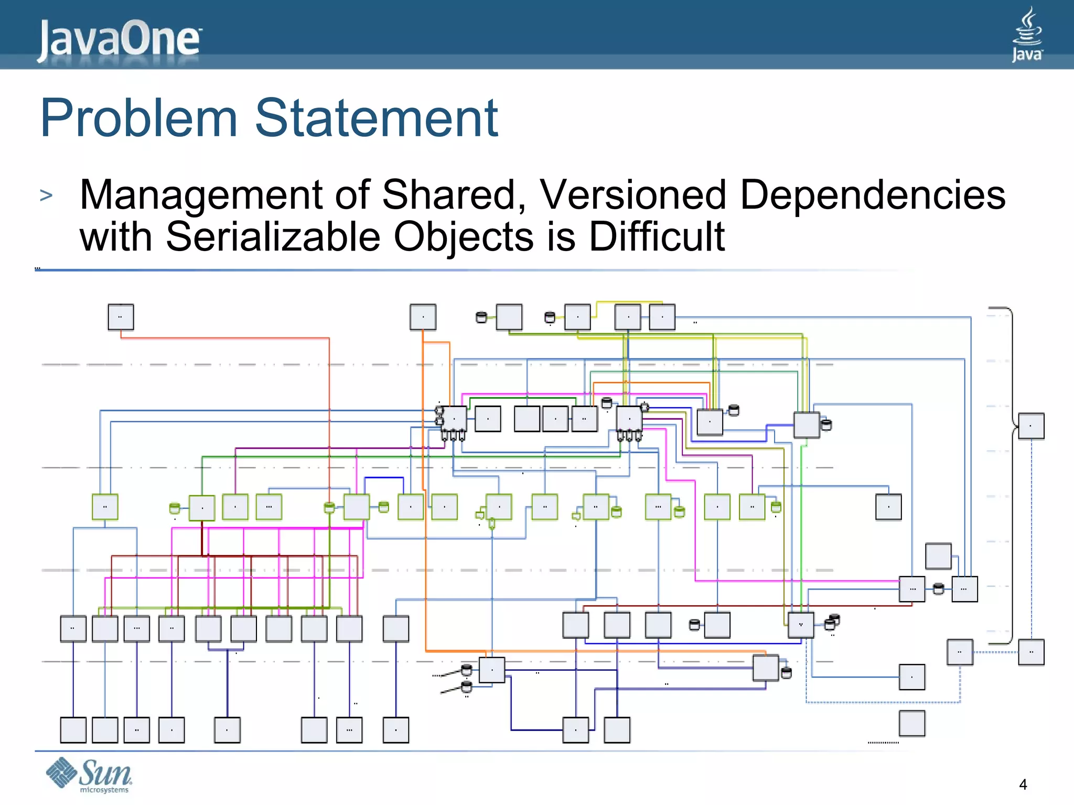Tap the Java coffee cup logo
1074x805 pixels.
(x=1027, y=35)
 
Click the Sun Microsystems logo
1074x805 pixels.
(x=89, y=775)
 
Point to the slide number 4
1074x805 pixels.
(x=1023, y=785)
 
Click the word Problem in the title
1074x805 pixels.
(x=139, y=118)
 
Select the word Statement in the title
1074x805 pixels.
(x=376, y=118)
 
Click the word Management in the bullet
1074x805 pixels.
(x=200, y=195)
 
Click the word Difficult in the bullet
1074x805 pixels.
(x=657, y=237)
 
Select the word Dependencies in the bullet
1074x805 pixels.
(x=872, y=195)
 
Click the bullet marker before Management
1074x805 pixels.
(x=46, y=195)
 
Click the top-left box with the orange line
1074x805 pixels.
(x=121, y=317)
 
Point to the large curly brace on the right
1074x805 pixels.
(x=1009, y=474)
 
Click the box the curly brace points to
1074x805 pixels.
(x=1031, y=426)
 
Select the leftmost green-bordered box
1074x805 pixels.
(x=105, y=507)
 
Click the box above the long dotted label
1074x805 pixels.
(x=912, y=723)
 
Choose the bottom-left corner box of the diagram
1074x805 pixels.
(x=73, y=730)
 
